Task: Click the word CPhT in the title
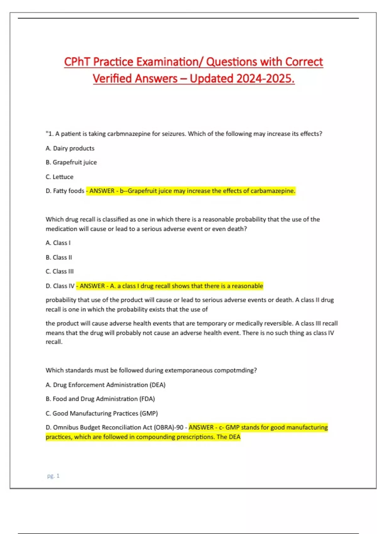point(77,62)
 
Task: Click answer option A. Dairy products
point(70,148)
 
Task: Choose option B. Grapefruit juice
point(71,162)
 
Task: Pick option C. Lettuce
point(59,177)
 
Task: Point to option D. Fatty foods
point(65,191)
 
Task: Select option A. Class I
point(58,243)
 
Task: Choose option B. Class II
point(59,257)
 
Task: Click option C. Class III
point(60,271)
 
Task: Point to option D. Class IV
point(60,286)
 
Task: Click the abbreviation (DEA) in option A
point(157,385)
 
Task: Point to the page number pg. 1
point(53,476)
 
